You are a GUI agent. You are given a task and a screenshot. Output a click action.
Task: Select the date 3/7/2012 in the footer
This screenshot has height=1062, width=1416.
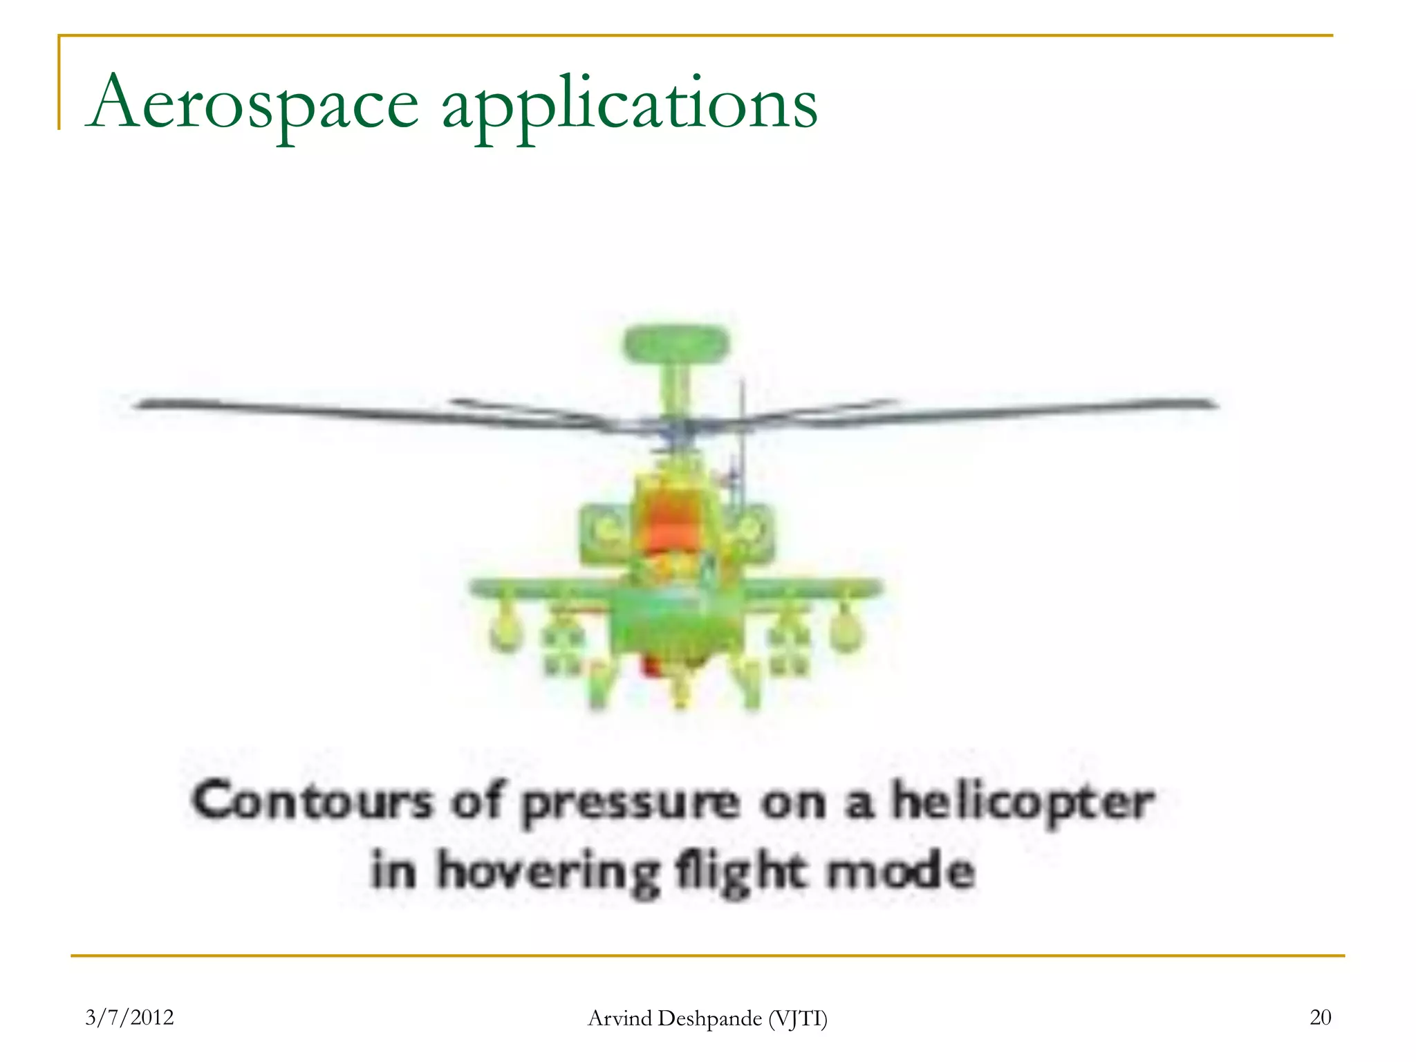(129, 1017)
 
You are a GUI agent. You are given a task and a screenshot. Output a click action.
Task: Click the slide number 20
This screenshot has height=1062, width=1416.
(1320, 1017)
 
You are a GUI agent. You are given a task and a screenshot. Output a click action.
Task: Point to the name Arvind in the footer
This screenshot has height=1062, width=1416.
(619, 1018)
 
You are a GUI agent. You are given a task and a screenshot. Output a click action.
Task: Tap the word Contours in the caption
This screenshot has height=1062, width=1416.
(313, 802)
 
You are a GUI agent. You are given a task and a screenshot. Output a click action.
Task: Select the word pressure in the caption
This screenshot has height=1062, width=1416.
(631, 804)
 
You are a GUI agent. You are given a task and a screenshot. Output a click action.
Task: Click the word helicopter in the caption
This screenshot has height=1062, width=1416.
(1022, 803)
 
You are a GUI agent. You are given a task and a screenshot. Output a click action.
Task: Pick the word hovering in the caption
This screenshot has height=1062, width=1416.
(548, 871)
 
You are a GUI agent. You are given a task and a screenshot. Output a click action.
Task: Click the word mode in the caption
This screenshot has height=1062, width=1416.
(901, 870)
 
